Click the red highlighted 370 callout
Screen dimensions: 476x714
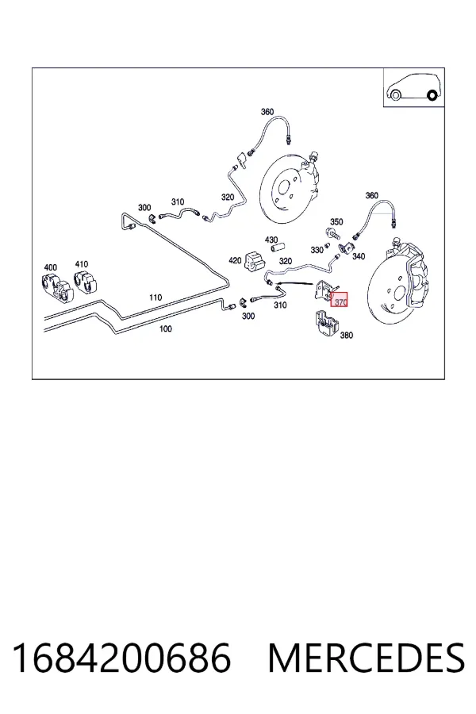[339, 299]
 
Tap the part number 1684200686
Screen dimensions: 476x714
[121, 658]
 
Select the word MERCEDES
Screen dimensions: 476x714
[367, 658]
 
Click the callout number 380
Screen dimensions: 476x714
[346, 335]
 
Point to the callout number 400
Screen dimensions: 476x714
[51, 267]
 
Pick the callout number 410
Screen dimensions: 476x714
[82, 264]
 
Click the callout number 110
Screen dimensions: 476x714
[155, 297]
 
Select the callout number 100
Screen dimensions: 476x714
[165, 328]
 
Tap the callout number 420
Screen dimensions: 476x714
[235, 260]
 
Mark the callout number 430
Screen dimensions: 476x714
[271, 240]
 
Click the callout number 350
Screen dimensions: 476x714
[336, 222]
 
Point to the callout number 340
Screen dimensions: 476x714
[359, 256]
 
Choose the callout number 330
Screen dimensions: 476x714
[317, 250]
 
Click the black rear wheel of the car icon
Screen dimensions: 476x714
[432, 95]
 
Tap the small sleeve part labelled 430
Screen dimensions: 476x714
[278, 248]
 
